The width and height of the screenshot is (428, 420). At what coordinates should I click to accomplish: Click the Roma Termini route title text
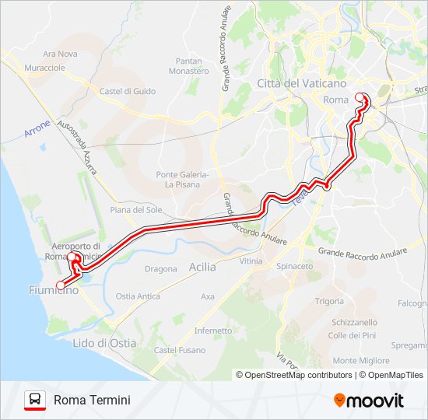point(92,400)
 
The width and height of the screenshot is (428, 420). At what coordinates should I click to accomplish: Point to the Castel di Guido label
point(128,91)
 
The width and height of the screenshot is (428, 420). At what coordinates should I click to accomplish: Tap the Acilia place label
point(202,267)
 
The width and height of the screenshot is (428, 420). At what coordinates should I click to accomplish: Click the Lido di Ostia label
point(103,343)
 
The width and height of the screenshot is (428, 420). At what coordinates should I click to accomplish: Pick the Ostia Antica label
point(138,296)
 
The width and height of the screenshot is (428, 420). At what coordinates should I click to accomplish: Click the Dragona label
point(161,269)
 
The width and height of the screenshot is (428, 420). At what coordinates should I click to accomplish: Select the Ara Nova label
point(60,54)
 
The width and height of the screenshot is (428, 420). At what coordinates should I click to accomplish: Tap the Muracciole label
point(44,68)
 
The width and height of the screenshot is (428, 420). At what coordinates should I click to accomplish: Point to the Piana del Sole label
point(136,210)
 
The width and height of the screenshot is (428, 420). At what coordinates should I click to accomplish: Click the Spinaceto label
point(294,266)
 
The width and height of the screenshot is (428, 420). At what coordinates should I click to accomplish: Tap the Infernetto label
point(213,331)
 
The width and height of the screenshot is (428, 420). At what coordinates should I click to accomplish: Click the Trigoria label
point(329,301)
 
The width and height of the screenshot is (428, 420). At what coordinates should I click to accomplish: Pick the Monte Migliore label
point(361,361)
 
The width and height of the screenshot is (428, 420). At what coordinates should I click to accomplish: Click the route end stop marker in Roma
point(360,97)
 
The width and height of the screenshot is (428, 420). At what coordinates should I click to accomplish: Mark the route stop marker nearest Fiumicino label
point(61,285)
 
